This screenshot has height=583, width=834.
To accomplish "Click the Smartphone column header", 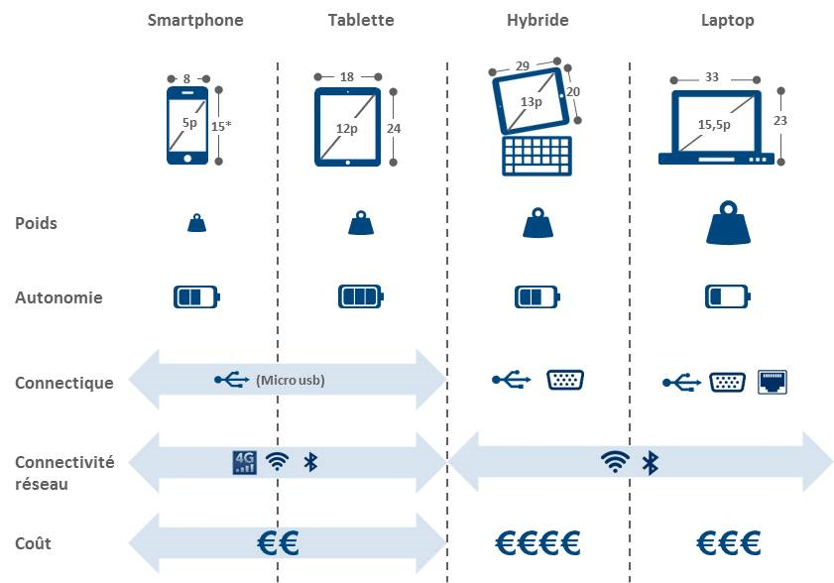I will (x=194, y=20).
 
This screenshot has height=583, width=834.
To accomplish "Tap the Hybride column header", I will (x=538, y=20).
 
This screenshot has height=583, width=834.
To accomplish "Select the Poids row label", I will (x=36, y=223).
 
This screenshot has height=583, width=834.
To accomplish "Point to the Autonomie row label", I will (x=58, y=297).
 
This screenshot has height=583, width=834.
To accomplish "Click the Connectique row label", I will (x=63, y=383).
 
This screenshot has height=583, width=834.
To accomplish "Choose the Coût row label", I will (x=33, y=543).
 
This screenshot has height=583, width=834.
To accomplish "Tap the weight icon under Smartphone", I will (x=196, y=224).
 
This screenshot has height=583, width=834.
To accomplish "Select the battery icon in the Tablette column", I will (x=360, y=296).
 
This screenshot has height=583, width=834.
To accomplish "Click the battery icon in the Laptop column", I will (x=728, y=296).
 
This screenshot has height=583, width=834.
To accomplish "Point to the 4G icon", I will (x=243, y=462).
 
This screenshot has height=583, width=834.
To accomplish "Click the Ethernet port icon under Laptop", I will (x=772, y=382).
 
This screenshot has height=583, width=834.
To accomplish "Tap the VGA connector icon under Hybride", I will (x=565, y=379).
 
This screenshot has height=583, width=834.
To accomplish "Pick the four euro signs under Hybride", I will (x=536, y=543).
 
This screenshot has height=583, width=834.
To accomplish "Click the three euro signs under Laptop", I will (x=728, y=543).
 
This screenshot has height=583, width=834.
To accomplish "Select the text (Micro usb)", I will (x=290, y=381).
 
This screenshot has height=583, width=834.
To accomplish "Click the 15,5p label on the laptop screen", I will (x=714, y=124).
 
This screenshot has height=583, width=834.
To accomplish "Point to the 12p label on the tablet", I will (x=346, y=128).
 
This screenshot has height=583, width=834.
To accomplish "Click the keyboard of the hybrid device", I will (x=537, y=156).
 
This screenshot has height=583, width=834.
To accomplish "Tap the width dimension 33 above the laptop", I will (x=712, y=76).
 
